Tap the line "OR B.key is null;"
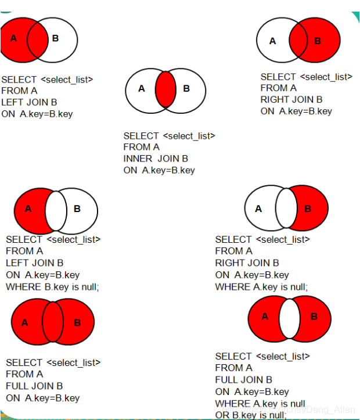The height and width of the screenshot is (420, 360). (x=251, y=415)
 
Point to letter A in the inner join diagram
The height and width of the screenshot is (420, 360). (x=141, y=89)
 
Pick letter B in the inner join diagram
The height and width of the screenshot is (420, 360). (x=186, y=89)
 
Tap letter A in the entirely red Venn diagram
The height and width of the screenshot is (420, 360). (x=25, y=322)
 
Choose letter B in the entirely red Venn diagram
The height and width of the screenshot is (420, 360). (x=77, y=322)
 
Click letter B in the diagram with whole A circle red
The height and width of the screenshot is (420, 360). (x=55, y=38)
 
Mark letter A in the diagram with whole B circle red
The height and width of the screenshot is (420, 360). (x=272, y=41)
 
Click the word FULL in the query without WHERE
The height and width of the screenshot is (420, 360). (x=17, y=386)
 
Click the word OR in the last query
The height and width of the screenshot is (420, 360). (x=222, y=415)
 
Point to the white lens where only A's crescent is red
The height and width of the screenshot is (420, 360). (x=56, y=209)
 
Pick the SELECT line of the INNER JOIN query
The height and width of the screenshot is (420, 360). (x=169, y=135)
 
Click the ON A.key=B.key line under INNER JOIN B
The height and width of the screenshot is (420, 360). (x=159, y=170)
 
